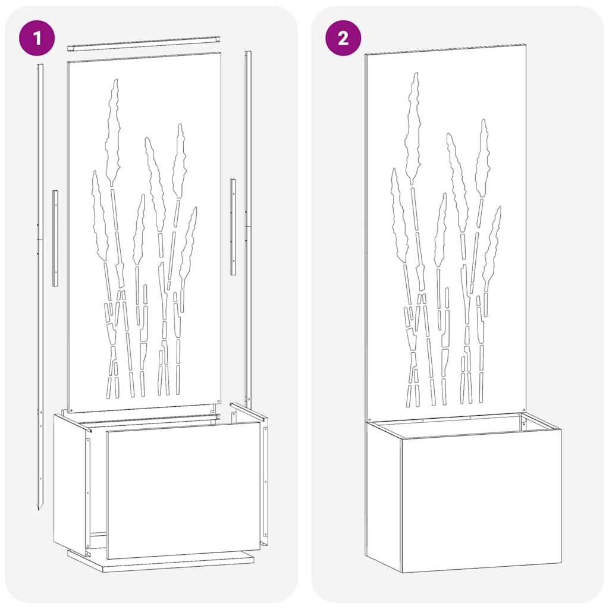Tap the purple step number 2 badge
(x=343, y=38)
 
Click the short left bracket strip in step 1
(x=55, y=238)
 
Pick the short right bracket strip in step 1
(x=233, y=227)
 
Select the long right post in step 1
(x=248, y=226)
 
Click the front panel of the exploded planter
(x=183, y=486)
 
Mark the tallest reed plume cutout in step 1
(x=112, y=134)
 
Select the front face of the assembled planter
(x=481, y=503)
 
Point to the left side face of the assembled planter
(x=383, y=494)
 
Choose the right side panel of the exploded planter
(x=263, y=476)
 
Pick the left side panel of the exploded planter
(x=70, y=482)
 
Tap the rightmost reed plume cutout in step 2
(x=492, y=244)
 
